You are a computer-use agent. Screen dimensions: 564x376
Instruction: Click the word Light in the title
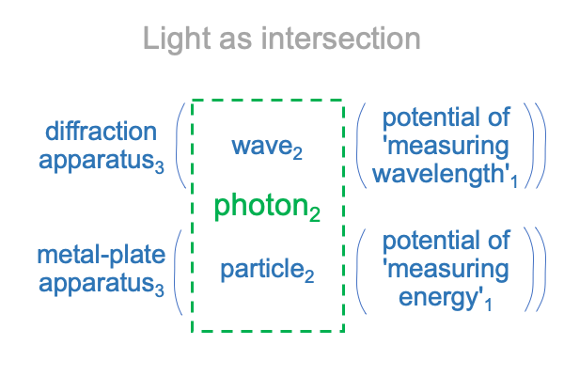[177, 39]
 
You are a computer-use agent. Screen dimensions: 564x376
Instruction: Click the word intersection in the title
[340, 39]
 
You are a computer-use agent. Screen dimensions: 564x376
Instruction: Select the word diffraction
[102, 131]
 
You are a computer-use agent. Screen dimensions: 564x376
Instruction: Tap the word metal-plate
[102, 255]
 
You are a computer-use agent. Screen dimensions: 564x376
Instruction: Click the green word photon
[261, 206]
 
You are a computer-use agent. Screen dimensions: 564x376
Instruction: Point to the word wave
[261, 147]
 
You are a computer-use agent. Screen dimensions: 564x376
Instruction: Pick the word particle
[262, 269]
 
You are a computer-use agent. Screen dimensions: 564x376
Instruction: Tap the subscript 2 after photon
[314, 214]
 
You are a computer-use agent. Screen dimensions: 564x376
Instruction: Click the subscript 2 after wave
[297, 153]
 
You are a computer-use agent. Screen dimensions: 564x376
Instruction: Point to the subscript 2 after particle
[309, 276]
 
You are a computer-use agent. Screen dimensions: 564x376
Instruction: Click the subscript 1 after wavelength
[514, 181]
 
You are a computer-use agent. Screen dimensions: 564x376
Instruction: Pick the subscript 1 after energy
[488, 305]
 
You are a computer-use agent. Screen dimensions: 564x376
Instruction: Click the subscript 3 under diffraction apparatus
[160, 167]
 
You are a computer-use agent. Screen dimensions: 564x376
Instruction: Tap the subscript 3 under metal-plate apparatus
[160, 290]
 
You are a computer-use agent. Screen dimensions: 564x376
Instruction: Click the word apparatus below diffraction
[97, 161]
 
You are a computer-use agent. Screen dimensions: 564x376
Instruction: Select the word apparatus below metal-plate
[97, 284]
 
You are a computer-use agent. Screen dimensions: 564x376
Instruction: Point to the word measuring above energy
[448, 270]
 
